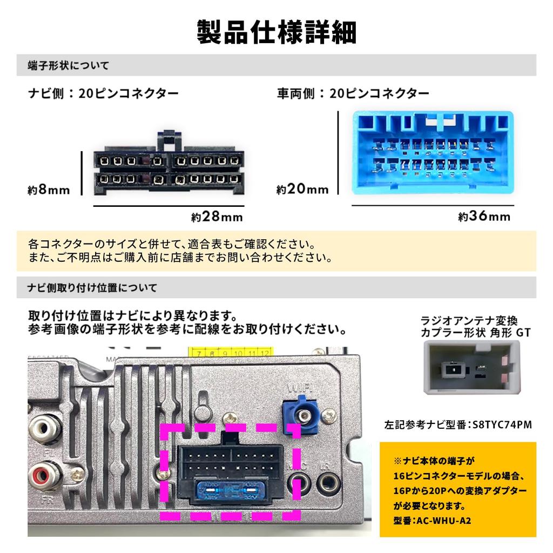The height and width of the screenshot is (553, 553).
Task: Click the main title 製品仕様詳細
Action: pyautogui.click(x=276, y=32)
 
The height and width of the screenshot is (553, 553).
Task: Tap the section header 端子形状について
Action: pyautogui.click(x=69, y=66)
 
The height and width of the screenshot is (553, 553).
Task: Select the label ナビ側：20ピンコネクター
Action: pyautogui.click(x=104, y=93)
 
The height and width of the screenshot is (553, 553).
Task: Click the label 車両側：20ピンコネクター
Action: pyautogui.click(x=354, y=93)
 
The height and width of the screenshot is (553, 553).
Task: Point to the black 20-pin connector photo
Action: pyautogui.click(x=168, y=168)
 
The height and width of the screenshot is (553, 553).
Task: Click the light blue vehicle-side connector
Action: pyautogui.click(x=433, y=153)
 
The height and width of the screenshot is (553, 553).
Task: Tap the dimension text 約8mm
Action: pyautogui.click(x=49, y=190)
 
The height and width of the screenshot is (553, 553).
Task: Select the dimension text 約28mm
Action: pyautogui.click(x=217, y=217)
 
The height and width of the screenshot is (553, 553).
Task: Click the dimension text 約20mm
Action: pyautogui.click(x=302, y=190)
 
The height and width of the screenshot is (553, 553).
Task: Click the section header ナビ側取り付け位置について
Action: pyautogui.click(x=92, y=287)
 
